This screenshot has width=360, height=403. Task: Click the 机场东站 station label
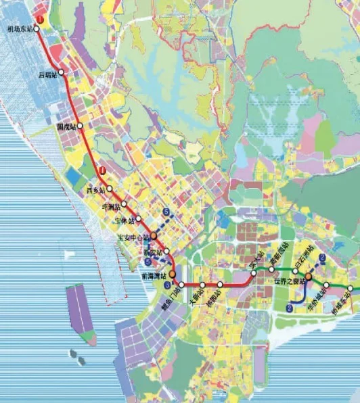click(19, 29)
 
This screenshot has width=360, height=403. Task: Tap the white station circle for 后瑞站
click(61, 72)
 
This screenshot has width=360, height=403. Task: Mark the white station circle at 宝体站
click(139, 220)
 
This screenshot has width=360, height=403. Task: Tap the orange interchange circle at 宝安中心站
click(154, 235)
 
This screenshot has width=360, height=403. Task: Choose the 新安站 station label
click(152, 252)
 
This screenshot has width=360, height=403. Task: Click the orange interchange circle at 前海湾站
click(173, 274)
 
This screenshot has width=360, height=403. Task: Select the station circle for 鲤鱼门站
click(181, 285)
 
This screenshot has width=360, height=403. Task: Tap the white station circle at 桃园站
click(220, 285)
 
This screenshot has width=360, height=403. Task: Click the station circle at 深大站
click(254, 274)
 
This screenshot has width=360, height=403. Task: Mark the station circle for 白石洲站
click(296, 271)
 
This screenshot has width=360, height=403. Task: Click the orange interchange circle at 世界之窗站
click(309, 277)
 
